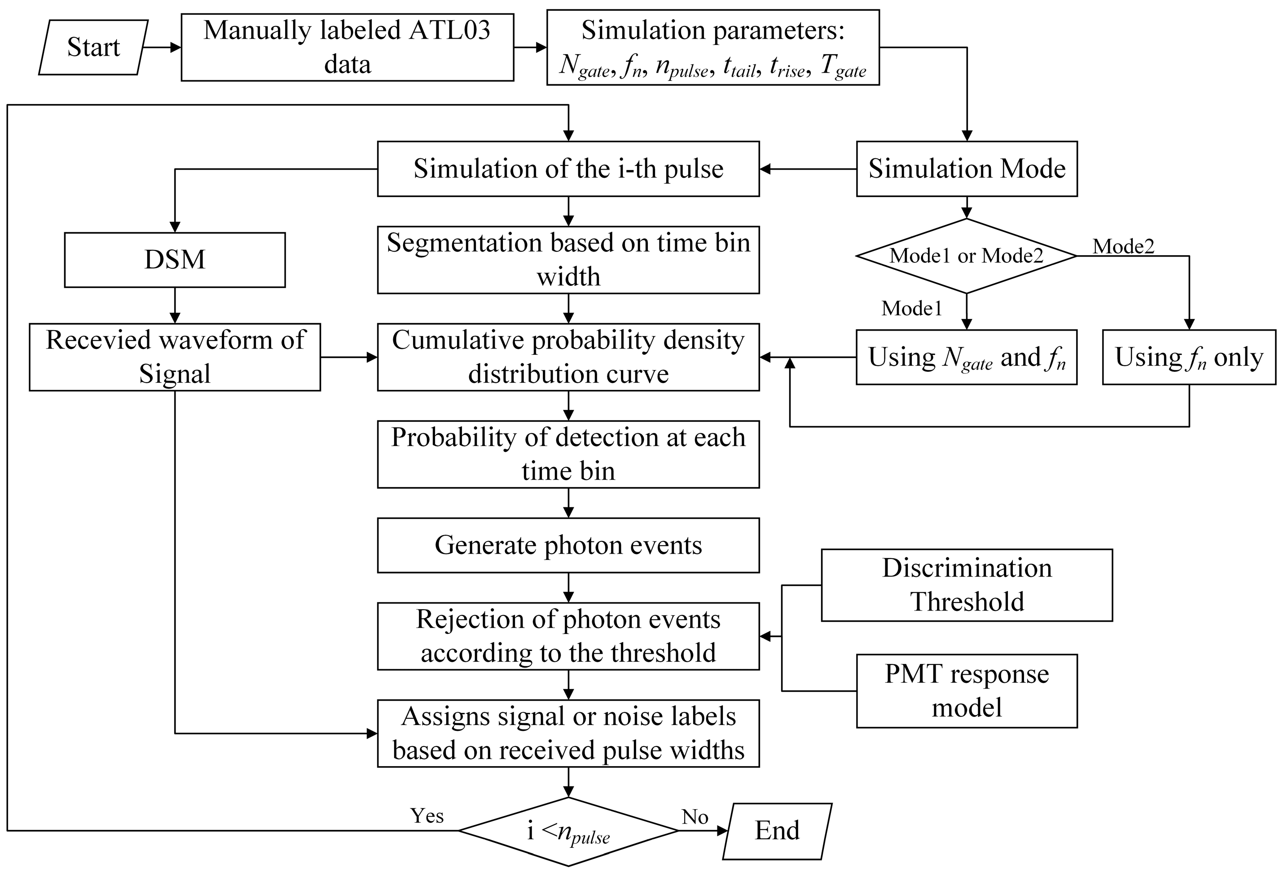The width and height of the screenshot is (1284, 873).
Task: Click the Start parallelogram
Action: (93, 48)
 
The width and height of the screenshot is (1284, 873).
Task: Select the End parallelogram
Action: (777, 830)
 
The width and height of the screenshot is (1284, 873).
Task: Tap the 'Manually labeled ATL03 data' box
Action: (347, 48)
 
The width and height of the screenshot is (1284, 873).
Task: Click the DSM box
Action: (175, 260)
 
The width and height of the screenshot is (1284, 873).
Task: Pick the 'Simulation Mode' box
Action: (966, 168)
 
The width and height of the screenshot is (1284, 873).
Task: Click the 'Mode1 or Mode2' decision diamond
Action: (966, 256)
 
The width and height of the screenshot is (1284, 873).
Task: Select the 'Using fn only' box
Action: (1189, 357)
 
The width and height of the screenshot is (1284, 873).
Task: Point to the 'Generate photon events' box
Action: (568, 545)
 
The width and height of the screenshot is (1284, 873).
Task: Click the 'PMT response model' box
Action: (966, 691)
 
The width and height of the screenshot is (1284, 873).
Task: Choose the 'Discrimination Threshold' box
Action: (966, 585)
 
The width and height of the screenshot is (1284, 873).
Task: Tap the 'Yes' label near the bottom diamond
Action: (427, 816)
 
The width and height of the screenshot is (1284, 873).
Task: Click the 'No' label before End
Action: (695, 816)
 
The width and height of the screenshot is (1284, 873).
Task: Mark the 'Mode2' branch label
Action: (1123, 246)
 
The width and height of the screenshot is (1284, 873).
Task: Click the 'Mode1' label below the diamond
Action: (912, 308)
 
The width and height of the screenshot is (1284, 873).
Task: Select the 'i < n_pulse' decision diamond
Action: (568, 831)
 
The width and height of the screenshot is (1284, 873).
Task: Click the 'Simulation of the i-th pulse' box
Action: (568, 168)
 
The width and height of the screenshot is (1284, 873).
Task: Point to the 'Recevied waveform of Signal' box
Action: (175, 357)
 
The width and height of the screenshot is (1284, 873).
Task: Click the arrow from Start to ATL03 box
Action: (161, 48)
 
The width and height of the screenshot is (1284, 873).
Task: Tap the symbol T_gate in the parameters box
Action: (843, 66)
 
